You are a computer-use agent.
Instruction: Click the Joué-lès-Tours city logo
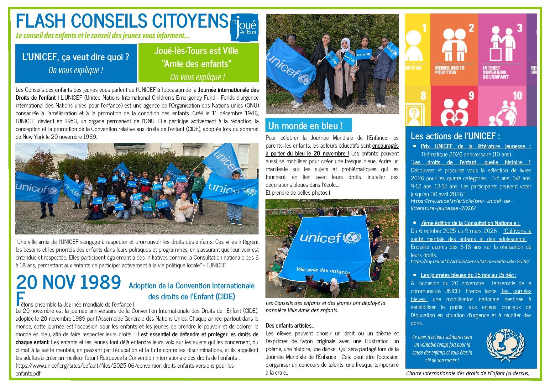click(x=244, y=27)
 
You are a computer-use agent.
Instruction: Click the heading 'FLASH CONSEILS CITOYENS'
click(x=122, y=21)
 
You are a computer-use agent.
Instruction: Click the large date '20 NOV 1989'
click(x=68, y=282)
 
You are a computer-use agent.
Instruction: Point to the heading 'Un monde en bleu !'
click(x=305, y=126)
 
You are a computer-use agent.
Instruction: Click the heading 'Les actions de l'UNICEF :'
click(x=455, y=136)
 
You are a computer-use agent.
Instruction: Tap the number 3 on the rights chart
click(x=520, y=28)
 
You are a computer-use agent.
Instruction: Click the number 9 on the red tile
click(x=471, y=96)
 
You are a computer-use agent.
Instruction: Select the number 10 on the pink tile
click(x=517, y=96)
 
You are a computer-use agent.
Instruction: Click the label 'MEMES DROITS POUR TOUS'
click(x=449, y=70)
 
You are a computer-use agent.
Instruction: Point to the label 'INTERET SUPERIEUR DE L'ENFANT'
click(x=496, y=72)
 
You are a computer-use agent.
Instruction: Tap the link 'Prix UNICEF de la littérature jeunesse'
click(x=476, y=146)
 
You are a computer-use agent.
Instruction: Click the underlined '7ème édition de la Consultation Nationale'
click(x=470, y=223)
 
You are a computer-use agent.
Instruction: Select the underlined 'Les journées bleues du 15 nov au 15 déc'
click(x=468, y=275)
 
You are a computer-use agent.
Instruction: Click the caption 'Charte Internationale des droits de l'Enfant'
click(x=468, y=373)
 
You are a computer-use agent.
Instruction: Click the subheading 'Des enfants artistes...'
click(x=290, y=325)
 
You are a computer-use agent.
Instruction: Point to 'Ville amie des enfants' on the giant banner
click(x=323, y=271)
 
